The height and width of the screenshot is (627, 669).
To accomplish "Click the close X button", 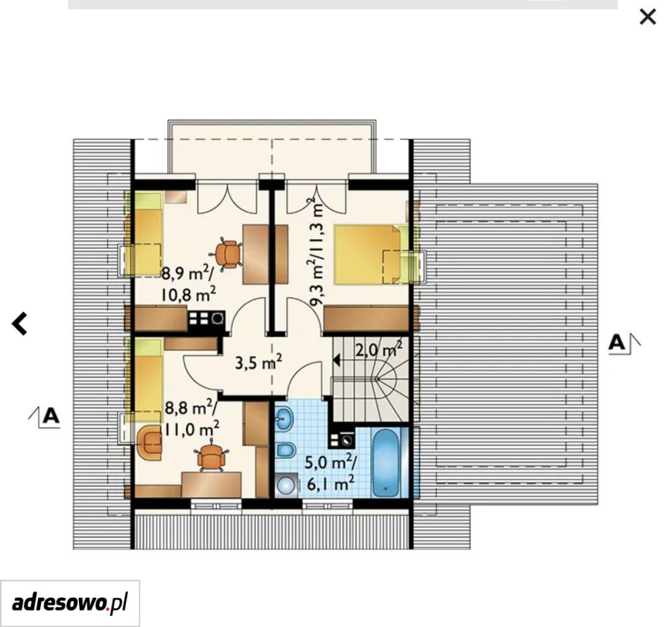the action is click(x=647, y=17).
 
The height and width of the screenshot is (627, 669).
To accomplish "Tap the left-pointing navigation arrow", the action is click(x=19, y=323).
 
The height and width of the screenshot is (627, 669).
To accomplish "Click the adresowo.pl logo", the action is click(x=70, y=603).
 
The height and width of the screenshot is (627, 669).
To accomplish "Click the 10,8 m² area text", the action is click(x=188, y=295).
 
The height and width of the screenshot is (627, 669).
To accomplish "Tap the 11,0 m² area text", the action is click(x=192, y=428).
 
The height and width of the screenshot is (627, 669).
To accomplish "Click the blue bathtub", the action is click(x=386, y=463).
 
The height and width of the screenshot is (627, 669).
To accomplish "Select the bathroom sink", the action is click(x=284, y=417).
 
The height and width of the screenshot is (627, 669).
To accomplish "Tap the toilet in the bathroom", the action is click(x=285, y=449).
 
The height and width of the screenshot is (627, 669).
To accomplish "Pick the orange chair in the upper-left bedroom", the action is click(x=229, y=254).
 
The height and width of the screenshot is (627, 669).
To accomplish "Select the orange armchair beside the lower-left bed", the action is click(x=149, y=443).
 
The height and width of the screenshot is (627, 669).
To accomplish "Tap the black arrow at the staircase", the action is click(x=336, y=361).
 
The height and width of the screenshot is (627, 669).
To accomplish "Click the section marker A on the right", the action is click(x=624, y=342).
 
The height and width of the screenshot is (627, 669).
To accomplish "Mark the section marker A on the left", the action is click(x=44, y=416).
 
